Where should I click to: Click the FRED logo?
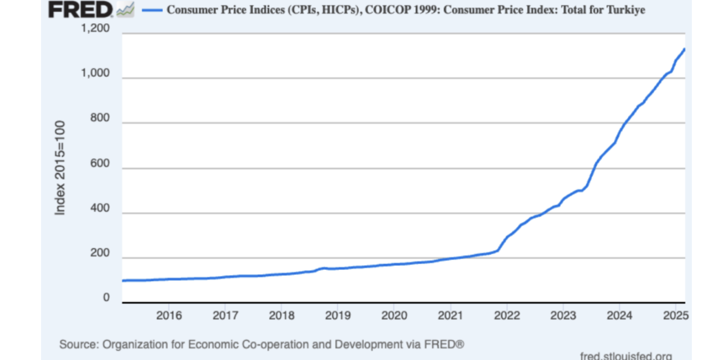click(80, 10)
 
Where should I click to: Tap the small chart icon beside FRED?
click(125, 10)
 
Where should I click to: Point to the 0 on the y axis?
click(106, 299)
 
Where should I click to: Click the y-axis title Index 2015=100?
click(60, 167)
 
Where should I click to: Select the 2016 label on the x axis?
click(169, 314)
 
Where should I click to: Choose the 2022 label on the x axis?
click(506, 314)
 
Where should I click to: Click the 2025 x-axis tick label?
click(673, 314)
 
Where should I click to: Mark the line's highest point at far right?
click(684, 49)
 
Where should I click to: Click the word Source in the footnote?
click(76, 344)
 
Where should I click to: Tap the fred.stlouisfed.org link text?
click(625, 355)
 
